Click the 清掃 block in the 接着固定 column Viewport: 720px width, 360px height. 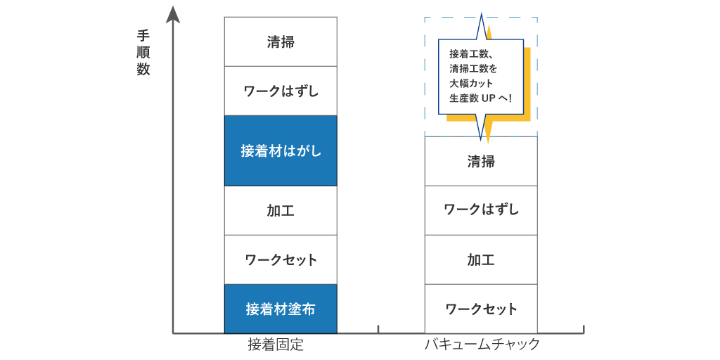point(281,41)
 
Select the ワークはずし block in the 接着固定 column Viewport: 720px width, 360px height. point(281,91)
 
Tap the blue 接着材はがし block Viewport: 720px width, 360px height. point(281,150)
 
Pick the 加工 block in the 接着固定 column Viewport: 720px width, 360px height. point(281,210)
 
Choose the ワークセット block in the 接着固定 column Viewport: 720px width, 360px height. point(281,259)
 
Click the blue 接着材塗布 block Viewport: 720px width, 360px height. point(281,309)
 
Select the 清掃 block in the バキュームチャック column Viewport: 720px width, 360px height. point(481,161)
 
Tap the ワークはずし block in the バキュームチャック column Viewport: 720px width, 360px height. point(481,210)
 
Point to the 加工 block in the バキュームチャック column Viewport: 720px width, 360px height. point(481,259)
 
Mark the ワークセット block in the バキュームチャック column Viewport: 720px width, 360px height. point(481,309)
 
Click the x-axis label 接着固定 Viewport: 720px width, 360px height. point(276,345)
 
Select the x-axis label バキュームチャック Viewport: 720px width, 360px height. point(482,345)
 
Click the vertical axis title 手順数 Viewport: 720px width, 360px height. point(143,53)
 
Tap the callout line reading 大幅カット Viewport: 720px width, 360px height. point(472,84)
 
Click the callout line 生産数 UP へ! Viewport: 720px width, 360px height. point(480,98)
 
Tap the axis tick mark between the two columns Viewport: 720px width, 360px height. point(378,329)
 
